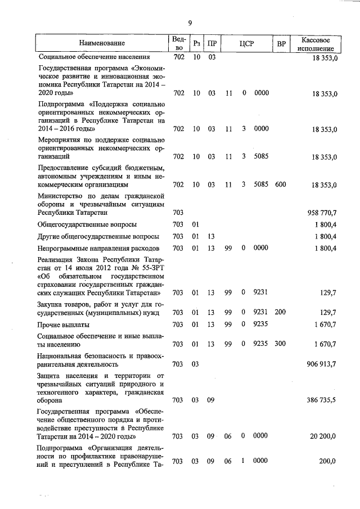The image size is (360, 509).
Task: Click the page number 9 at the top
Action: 190,22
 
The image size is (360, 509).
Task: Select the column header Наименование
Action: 102,43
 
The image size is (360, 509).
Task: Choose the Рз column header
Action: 196,43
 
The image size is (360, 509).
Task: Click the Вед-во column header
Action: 178,43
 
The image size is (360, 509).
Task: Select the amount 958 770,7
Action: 319,213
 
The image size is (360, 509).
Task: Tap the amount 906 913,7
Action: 319,364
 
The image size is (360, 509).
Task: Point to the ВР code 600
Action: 280,184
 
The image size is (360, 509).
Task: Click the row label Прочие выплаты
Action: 64,325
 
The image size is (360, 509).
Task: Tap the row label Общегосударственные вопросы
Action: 87,224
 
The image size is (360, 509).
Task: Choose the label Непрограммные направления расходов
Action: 98,248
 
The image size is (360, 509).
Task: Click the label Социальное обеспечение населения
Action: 94,57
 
